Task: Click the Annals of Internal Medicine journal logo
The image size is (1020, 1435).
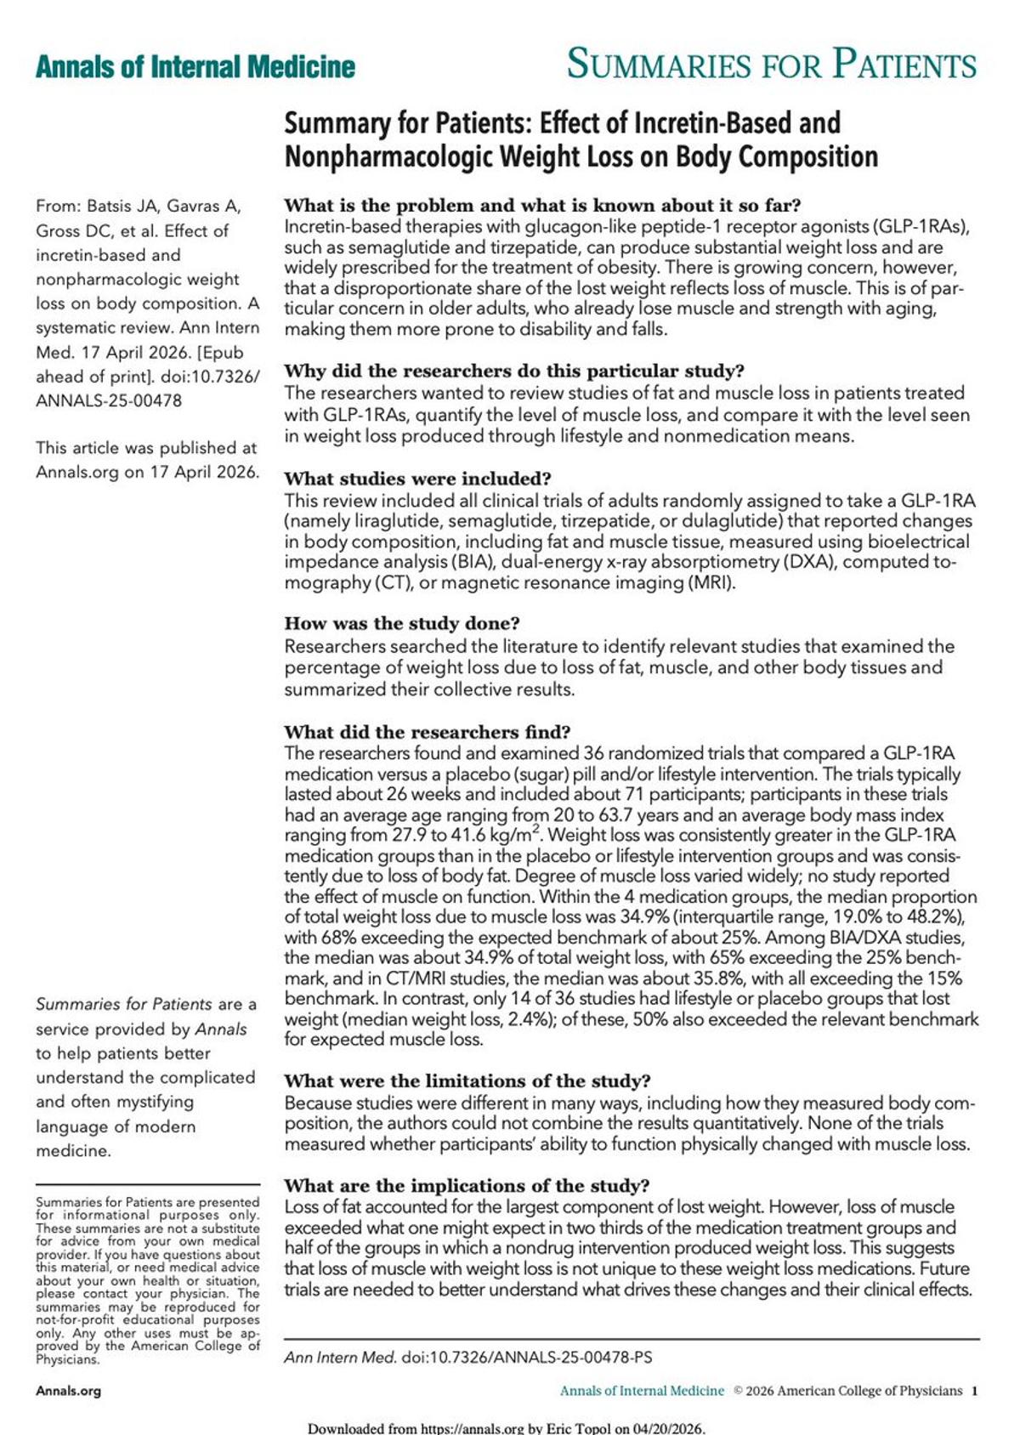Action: (195, 67)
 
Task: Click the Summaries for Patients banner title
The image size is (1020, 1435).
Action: (771, 65)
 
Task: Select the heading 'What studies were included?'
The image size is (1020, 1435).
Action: (417, 479)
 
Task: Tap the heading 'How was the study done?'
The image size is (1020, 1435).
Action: (401, 624)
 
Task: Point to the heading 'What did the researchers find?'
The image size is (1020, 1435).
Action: (427, 732)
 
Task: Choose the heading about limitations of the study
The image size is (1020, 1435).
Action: (467, 1081)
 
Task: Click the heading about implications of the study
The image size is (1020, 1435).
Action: (467, 1186)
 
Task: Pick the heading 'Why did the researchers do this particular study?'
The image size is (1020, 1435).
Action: (513, 372)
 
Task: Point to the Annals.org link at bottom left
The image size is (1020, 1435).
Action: (68, 1392)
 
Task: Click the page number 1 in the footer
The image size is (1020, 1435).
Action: (975, 1392)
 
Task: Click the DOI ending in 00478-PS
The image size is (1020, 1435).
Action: (527, 1358)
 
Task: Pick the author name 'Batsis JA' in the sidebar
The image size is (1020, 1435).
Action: (123, 206)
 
